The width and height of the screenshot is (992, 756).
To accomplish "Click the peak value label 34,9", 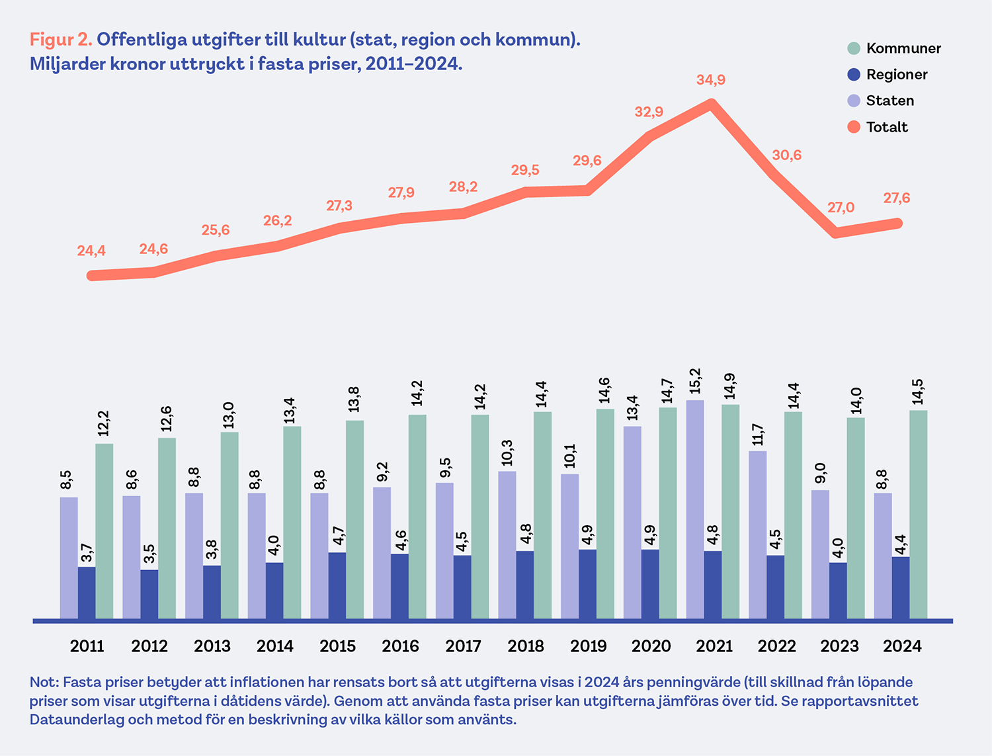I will click(711, 80).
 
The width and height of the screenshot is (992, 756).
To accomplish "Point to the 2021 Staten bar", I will click(695, 509).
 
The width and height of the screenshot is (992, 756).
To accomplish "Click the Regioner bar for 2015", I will click(337, 586).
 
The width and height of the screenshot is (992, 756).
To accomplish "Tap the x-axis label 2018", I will click(526, 646).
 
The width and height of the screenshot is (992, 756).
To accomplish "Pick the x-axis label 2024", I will click(902, 646).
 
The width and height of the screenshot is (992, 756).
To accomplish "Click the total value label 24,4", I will click(91, 251).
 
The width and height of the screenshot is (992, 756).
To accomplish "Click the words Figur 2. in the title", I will click(61, 40).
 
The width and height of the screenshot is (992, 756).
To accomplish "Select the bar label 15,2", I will click(694, 382).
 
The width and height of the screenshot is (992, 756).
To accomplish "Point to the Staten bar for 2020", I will click(632, 523).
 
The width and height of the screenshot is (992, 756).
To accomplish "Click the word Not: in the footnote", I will click(44, 682).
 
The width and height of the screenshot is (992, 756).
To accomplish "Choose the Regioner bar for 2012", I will click(149, 595).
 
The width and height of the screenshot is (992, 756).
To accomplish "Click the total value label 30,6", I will click(787, 155).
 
